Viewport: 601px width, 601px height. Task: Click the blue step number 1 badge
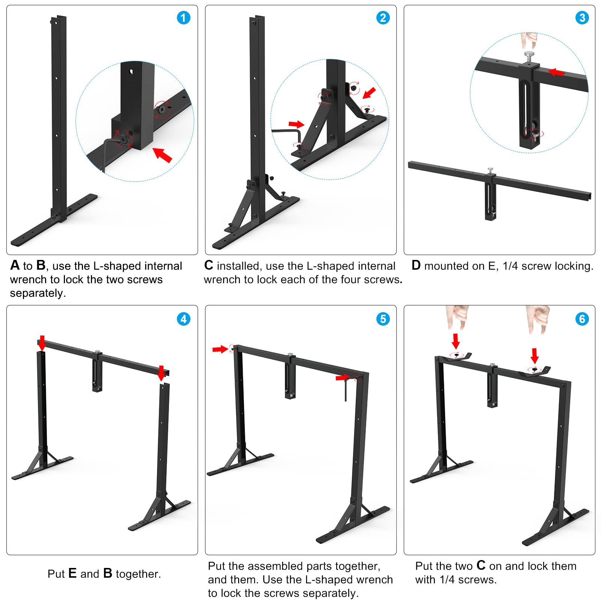(x=183, y=18)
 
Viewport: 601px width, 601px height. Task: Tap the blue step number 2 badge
(x=383, y=18)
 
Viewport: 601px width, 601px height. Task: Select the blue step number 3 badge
(x=582, y=18)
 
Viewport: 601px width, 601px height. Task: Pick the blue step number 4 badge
(x=183, y=319)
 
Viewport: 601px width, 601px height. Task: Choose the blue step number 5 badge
(x=383, y=319)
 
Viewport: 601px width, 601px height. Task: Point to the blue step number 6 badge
(x=582, y=319)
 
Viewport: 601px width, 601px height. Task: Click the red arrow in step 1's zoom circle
(x=163, y=154)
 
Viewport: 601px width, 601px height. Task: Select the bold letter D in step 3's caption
(x=416, y=265)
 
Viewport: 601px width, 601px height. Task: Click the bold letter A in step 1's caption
(x=15, y=265)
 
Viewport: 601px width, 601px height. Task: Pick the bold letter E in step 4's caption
(x=72, y=573)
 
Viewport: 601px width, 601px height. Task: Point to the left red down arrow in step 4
(x=42, y=343)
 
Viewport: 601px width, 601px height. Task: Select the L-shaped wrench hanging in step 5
(x=346, y=389)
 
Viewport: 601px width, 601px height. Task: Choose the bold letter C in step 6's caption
(x=481, y=565)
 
